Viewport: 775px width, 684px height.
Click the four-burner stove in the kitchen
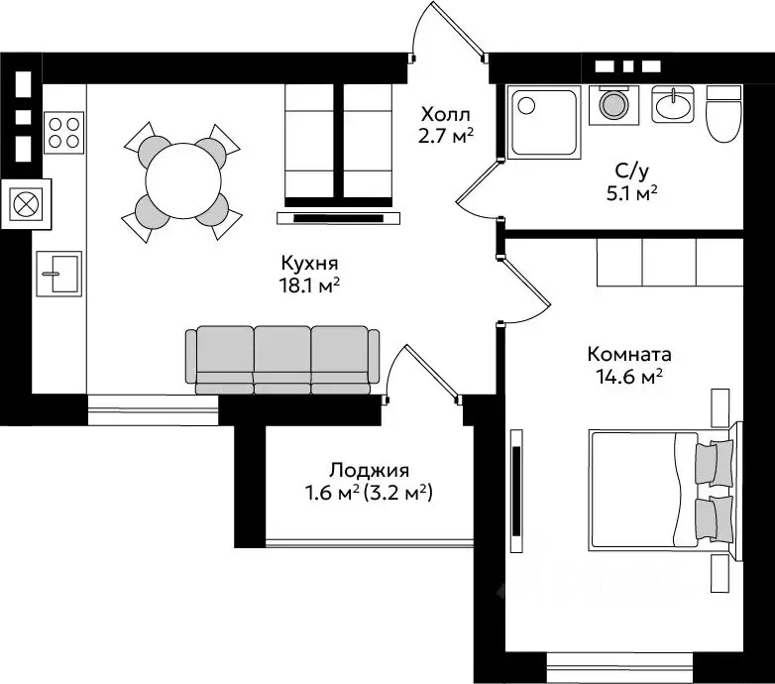click(x=63, y=133)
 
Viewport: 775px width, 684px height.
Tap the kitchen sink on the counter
click(x=59, y=274)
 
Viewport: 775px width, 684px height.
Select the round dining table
click(x=183, y=180)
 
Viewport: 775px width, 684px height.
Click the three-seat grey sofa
click(x=282, y=360)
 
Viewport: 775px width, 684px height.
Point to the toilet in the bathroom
click(x=724, y=114)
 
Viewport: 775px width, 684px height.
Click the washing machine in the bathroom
click(x=613, y=105)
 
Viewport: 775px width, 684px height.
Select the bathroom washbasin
click(x=672, y=104)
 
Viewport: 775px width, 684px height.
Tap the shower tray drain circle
click(x=526, y=105)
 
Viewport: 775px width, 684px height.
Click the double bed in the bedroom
click(x=660, y=491)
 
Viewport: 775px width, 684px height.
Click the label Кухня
click(x=309, y=263)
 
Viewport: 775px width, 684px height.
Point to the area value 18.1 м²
click(x=310, y=285)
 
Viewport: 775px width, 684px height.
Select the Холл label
click(x=445, y=115)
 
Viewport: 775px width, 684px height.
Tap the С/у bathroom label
click(x=631, y=171)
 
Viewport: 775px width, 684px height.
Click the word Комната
click(x=629, y=354)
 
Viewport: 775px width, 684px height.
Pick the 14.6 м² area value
click(x=629, y=377)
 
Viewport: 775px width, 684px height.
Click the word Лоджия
click(x=370, y=470)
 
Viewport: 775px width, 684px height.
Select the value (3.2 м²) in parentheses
click(x=397, y=493)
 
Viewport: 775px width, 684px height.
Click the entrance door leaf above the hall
click(x=458, y=29)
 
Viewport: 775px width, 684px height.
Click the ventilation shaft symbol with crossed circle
click(x=26, y=204)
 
